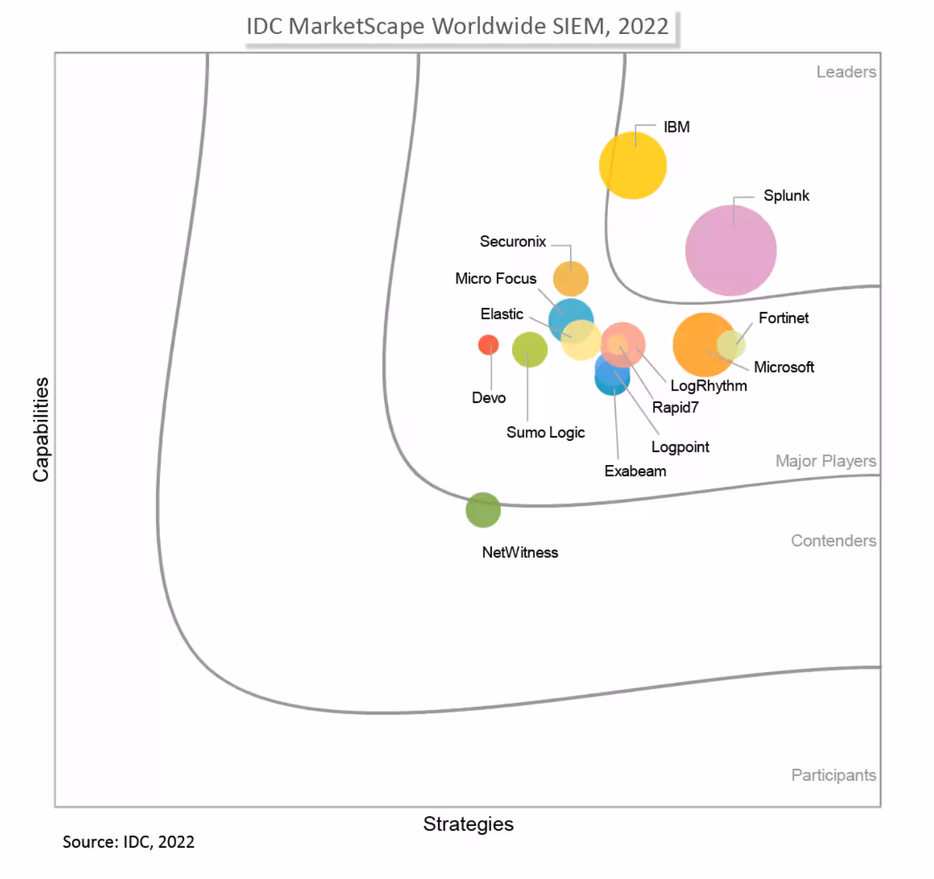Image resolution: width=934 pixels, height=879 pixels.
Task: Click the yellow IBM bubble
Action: click(x=632, y=165)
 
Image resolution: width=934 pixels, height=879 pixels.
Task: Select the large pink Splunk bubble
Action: click(x=730, y=250)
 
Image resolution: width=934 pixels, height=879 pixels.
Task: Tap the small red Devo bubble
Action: click(x=488, y=344)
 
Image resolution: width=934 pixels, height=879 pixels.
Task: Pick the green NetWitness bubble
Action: click(x=483, y=509)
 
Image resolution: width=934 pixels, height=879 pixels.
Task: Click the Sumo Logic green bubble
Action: click(x=529, y=349)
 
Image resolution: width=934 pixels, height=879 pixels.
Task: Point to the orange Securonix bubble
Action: click(x=570, y=279)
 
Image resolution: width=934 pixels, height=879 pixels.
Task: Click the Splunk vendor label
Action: click(x=786, y=195)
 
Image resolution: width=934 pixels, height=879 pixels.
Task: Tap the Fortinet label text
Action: click(x=783, y=318)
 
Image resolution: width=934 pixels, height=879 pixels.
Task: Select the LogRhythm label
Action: click(x=708, y=385)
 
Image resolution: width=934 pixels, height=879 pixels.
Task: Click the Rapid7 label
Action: click(x=675, y=408)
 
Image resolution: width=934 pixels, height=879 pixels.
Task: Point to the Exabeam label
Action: click(x=635, y=471)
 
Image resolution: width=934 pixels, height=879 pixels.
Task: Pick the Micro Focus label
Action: click(x=495, y=278)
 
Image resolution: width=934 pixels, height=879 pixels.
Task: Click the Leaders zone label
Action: click(x=846, y=72)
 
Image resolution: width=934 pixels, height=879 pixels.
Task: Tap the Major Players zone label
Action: click(x=826, y=461)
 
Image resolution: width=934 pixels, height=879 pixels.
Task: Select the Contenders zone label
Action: click(x=833, y=541)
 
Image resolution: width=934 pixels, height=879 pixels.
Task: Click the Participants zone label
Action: click(x=833, y=775)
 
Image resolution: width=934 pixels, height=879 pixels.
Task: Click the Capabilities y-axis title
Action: click(x=40, y=429)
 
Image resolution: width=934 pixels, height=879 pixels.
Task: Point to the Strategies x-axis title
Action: click(x=468, y=824)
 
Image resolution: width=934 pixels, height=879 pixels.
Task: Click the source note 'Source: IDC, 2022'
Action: click(x=128, y=842)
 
